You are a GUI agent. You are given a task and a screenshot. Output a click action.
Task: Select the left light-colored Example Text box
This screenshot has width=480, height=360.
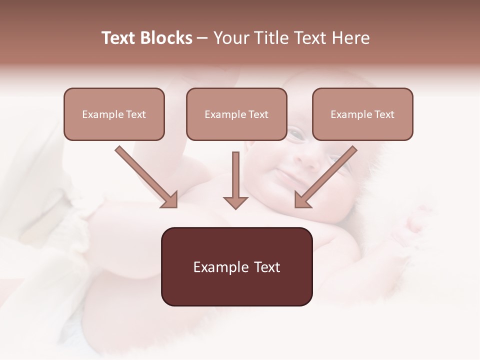(x=114, y=114)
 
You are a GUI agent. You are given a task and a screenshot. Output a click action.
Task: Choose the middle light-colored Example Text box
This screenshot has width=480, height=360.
(x=236, y=114)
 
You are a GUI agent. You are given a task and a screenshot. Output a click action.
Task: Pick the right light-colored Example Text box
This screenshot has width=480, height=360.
(x=362, y=114)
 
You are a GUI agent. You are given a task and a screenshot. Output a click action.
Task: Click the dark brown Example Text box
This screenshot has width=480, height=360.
(x=236, y=266)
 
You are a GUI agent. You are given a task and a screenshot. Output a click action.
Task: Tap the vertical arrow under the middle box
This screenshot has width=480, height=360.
(x=235, y=180)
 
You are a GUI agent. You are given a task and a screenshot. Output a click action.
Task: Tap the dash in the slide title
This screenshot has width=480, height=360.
(x=202, y=38)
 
